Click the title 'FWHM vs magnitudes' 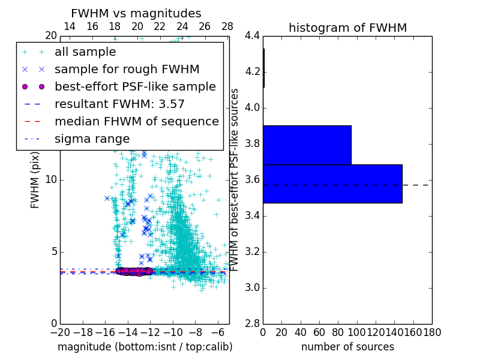point(136,13)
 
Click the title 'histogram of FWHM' point(347,28)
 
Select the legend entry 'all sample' point(85,52)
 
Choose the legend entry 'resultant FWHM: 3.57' point(119,104)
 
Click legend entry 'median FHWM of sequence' point(136,122)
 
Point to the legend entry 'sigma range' point(92,139)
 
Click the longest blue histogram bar point(332,184)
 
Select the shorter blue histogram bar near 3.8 point(307,145)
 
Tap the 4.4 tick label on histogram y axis point(253,36)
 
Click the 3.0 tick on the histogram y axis point(253,287)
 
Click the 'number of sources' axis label point(347,347)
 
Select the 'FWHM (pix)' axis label point(35,179)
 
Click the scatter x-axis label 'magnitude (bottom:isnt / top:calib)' point(145,347)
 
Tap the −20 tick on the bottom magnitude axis point(60,332)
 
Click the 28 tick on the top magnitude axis point(227,26)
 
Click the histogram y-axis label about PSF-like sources point(235,179)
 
